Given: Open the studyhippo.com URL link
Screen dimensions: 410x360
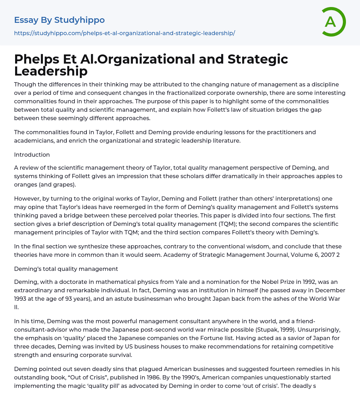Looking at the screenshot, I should coord(124,33).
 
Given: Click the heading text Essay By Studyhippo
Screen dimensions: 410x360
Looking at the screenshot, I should coord(59,20).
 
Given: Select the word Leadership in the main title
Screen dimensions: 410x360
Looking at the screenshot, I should coord(51,71).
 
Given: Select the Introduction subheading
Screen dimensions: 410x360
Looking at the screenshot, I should coord(32,155).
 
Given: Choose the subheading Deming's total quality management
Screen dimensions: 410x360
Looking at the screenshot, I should coord(66,269).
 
